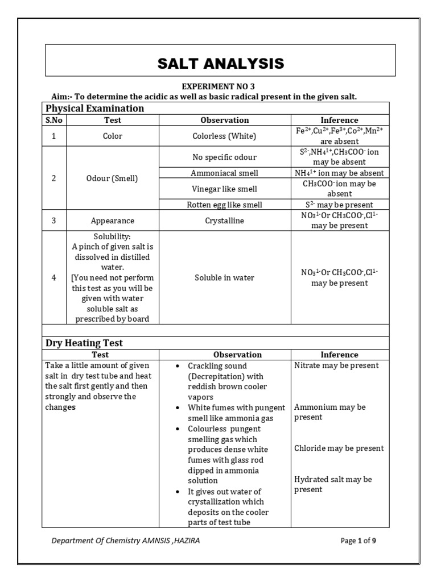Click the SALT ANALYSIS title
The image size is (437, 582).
(220, 63)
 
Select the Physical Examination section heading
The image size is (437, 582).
(94, 108)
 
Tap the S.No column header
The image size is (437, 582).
(55, 120)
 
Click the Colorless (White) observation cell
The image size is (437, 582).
(225, 136)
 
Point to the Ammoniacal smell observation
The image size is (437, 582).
(225, 173)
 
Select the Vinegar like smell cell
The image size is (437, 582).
(225, 188)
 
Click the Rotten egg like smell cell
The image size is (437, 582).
(225, 205)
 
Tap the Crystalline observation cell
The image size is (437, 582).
(225, 221)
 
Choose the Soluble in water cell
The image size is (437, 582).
(225, 278)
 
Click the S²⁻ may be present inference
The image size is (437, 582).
(339, 205)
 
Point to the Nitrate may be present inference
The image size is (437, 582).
(336, 365)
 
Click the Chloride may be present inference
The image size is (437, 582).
(339, 448)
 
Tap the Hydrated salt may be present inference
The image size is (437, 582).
(333, 484)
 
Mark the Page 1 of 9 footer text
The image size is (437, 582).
(358, 541)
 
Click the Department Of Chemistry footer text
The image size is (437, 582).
(125, 541)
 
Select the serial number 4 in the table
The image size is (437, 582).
(54, 278)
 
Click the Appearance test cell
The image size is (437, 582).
(113, 221)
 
